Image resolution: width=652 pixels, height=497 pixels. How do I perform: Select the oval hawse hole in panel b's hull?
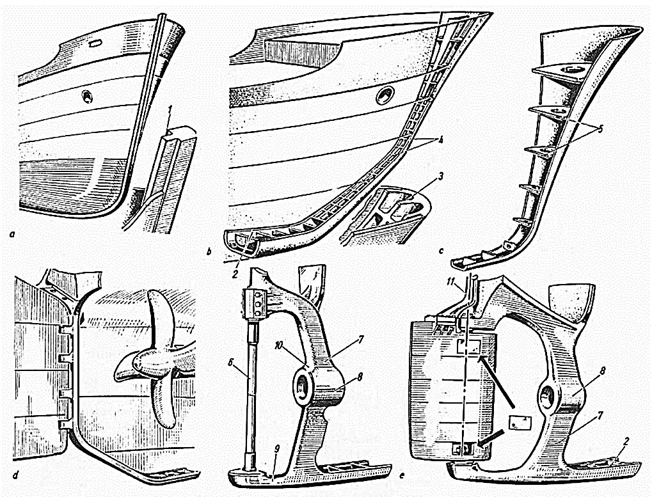[x=385, y=96]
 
